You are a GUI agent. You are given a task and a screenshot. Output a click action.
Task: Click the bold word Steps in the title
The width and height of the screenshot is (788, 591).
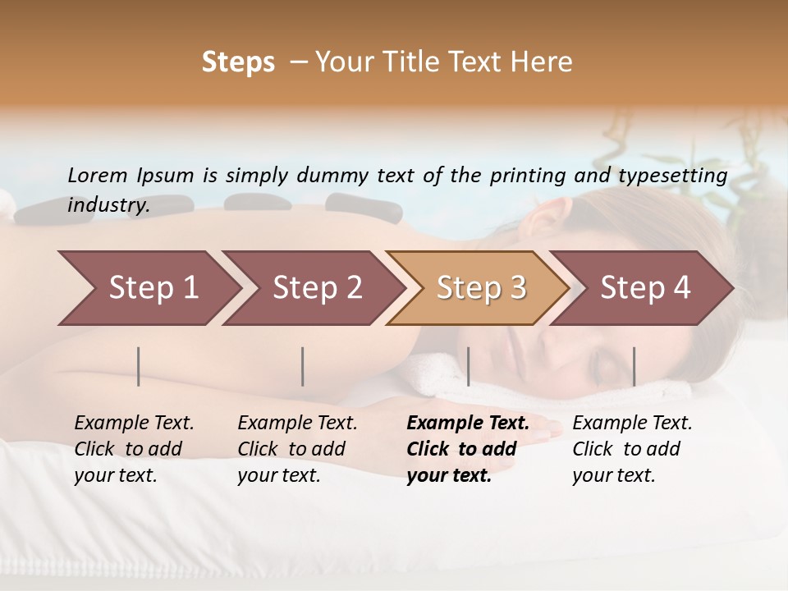click(238, 62)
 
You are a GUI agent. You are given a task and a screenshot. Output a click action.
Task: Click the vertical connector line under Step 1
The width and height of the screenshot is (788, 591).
click(139, 366)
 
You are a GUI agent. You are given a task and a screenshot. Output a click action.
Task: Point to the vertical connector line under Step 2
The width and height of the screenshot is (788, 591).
click(303, 366)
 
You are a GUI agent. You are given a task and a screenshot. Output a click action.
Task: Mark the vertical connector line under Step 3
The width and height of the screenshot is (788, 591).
click(468, 366)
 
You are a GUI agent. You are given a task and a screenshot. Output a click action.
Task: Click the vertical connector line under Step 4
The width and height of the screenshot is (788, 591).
click(634, 366)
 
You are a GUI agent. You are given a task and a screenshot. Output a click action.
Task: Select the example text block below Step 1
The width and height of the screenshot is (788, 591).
click(134, 449)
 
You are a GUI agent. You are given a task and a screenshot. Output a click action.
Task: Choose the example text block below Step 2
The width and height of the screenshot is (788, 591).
click(297, 449)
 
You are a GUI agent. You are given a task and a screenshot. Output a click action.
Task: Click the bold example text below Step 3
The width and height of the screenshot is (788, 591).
click(468, 449)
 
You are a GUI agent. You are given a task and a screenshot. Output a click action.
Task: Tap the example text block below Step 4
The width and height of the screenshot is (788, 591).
click(632, 449)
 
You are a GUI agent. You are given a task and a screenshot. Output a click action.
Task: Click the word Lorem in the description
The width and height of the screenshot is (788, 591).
click(97, 175)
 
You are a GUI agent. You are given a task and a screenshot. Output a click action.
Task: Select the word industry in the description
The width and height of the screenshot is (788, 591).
click(108, 204)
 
